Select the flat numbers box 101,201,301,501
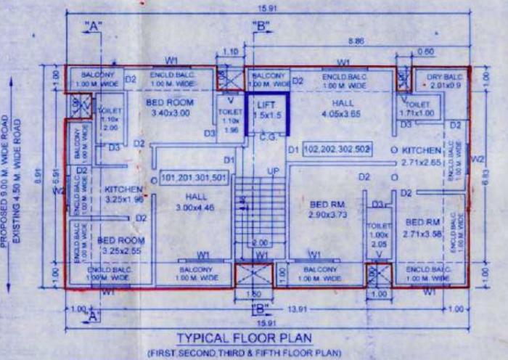[x=194, y=177]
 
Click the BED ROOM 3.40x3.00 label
[x=169, y=108]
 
